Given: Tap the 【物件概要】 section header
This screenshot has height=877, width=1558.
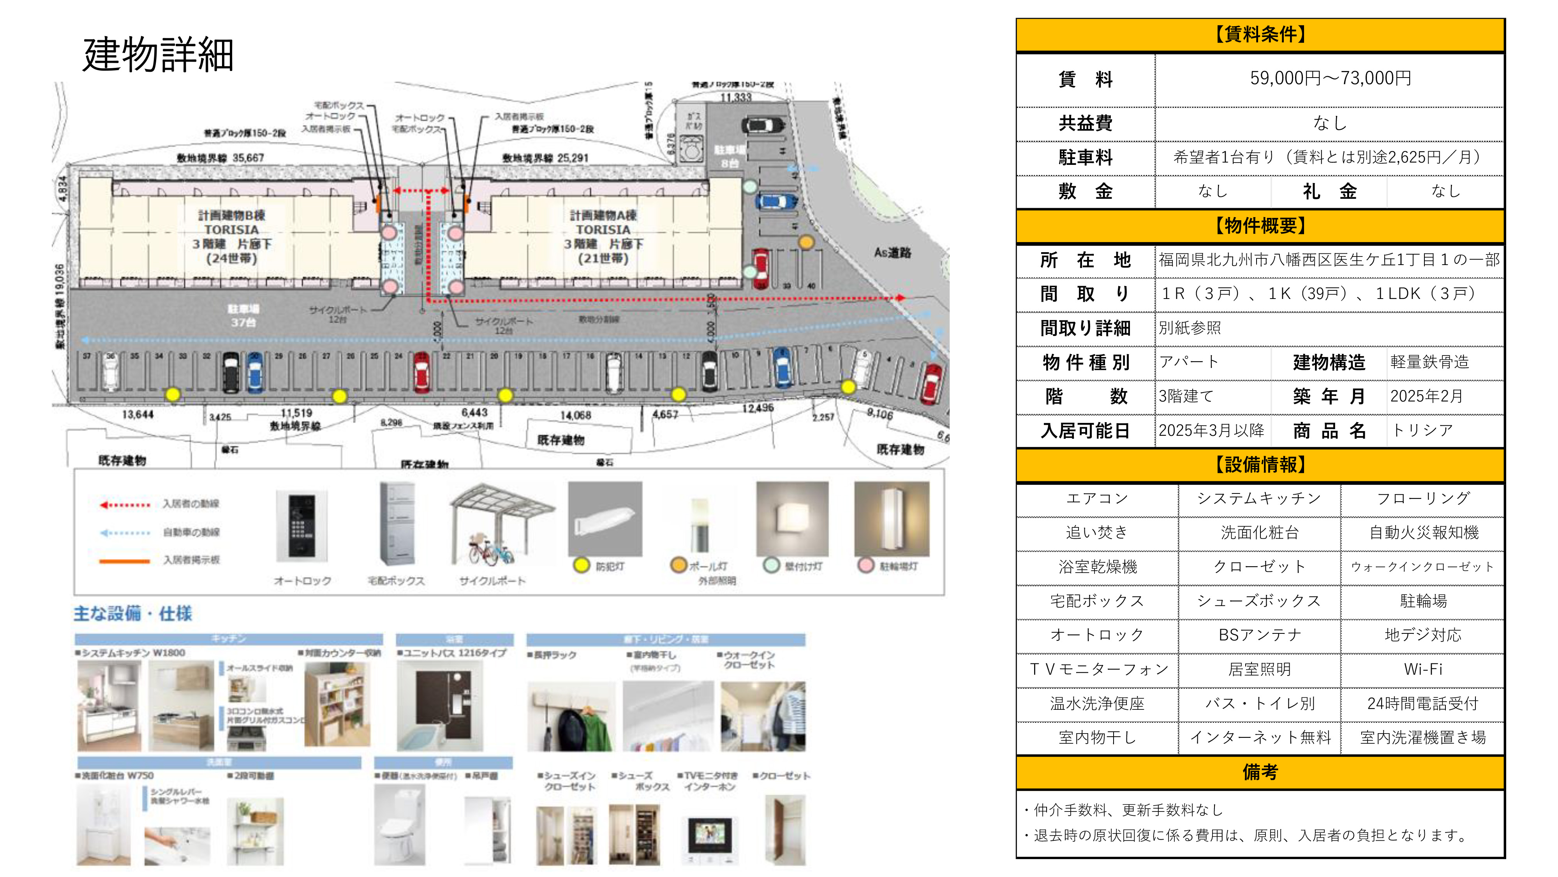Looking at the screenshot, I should coord(1260,226).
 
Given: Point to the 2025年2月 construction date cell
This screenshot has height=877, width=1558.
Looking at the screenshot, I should coord(1426,396).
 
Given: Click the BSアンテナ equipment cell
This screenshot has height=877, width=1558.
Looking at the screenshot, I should coord(1260,635).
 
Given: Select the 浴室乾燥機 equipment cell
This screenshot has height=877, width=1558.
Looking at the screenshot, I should coord(1097,567).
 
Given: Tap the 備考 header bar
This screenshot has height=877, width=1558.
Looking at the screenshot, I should coord(1260,772).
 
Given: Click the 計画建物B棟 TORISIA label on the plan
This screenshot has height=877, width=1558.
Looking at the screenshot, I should coord(232,237).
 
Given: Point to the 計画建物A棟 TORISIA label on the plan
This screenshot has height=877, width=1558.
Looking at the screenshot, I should coord(603,237).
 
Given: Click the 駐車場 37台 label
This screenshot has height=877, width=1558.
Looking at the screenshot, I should coord(243,315).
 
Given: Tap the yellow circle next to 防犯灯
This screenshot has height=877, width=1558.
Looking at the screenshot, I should coord(581,565).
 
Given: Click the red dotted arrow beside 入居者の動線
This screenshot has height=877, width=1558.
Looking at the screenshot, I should coord(125,504).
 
